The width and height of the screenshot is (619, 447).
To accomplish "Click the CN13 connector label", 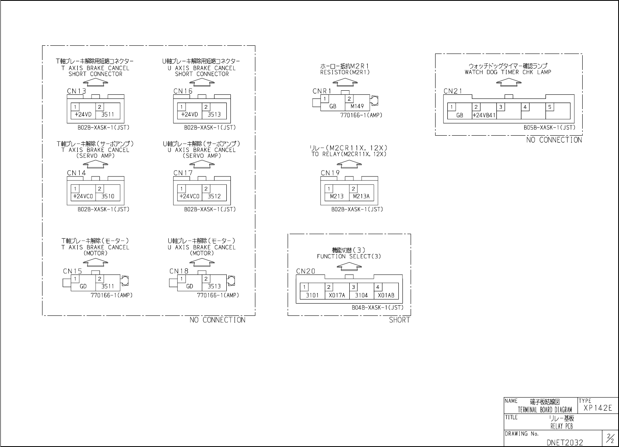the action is click(76, 91).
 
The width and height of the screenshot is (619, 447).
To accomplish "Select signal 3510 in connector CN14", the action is click(108, 197).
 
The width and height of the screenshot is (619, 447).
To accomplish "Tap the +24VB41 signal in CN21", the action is click(484, 115).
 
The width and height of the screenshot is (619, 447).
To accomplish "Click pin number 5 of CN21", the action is click(550, 107).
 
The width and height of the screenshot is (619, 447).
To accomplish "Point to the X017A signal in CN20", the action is click(337, 295).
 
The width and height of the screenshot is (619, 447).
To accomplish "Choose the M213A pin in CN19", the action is click(361, 197).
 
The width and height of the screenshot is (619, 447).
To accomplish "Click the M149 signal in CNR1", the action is click(357, 106).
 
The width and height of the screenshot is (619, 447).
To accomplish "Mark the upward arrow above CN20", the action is click(349, 266).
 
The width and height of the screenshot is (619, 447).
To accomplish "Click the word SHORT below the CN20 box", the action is click(399, 320).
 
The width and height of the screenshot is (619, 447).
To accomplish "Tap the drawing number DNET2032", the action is click(565, 442).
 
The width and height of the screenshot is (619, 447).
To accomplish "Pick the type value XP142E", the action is click(598, 408).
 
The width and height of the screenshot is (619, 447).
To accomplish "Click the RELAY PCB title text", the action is click(561, 426).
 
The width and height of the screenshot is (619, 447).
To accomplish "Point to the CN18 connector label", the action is click(179, 271).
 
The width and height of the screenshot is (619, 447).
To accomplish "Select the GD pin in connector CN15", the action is click(83, 286).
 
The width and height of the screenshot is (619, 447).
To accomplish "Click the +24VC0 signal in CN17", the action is click(190, 197).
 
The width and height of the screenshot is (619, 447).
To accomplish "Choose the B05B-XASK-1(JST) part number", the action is click(549, 127).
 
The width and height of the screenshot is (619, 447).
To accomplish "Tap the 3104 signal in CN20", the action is click(361, 295).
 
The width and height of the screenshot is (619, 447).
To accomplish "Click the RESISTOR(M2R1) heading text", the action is click(345, 72).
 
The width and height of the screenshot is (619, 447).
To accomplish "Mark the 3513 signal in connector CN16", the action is click(214, 115).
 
